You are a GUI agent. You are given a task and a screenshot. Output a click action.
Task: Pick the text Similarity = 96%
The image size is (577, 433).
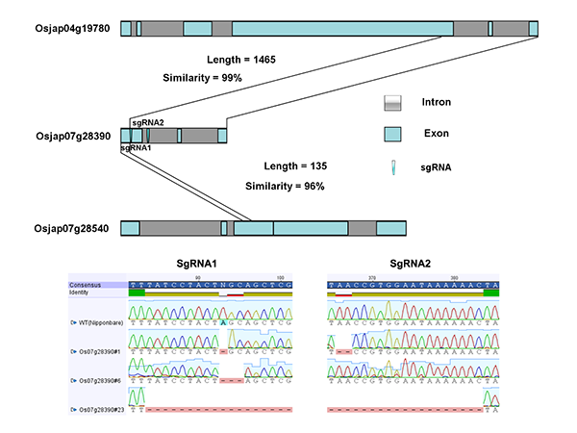[x=286, y=186]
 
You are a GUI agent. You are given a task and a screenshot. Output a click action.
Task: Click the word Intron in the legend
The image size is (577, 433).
[x=436, y=102]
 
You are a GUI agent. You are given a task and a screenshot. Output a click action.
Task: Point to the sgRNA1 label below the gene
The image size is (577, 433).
[x=136, y=149]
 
